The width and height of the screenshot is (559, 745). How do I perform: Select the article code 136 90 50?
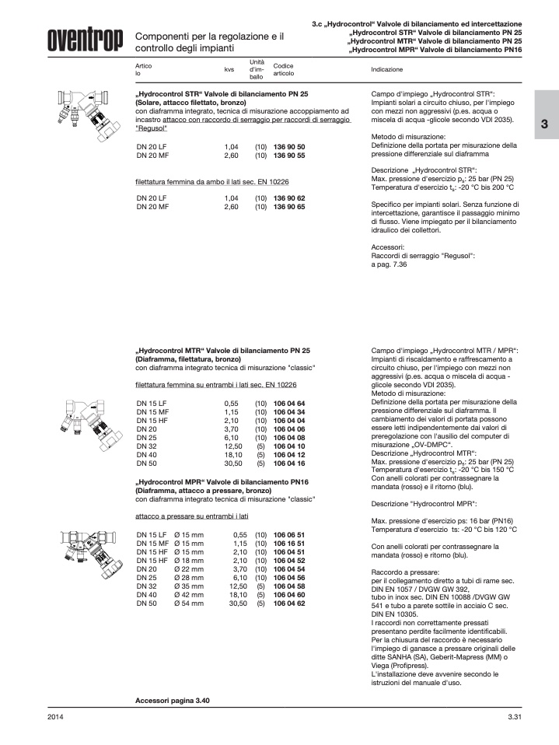[x=289, y=147]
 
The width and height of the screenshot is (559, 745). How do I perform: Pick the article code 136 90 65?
[x=289, y=208]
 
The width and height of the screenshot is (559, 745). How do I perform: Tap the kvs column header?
[x=229, y=69]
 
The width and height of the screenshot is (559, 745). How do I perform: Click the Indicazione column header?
[x=387, y=69]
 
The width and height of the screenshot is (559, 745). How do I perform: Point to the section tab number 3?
[x=544, y=124]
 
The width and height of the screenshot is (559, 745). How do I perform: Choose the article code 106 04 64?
[x=289, y=403]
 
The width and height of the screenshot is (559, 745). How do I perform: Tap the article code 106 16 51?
[x=289, y=543]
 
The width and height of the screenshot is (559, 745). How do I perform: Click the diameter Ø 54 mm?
[x=189, y=603]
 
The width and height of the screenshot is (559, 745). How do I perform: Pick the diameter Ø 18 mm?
[x=189, y=560]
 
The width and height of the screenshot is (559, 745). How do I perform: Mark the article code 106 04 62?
[x=289, y=603]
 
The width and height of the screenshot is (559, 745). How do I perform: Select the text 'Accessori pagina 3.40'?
[x=173, y=701]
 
